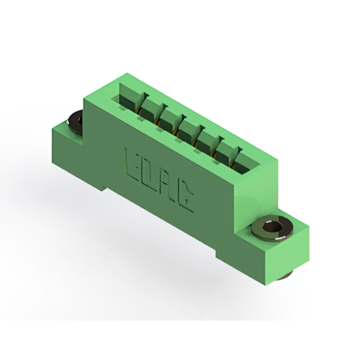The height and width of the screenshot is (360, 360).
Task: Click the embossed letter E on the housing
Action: pyautogui.click(x=132, y=166)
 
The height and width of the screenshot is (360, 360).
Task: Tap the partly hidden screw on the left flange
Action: pyautogui.click(x=75, y=123)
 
